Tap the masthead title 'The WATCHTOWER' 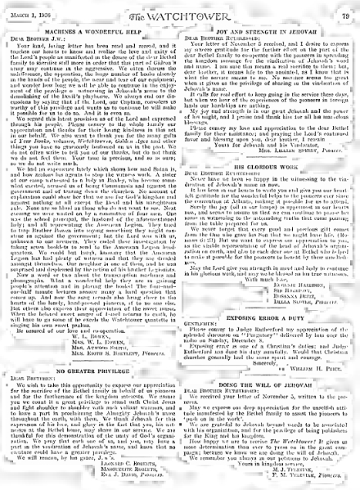tap(179, 8)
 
